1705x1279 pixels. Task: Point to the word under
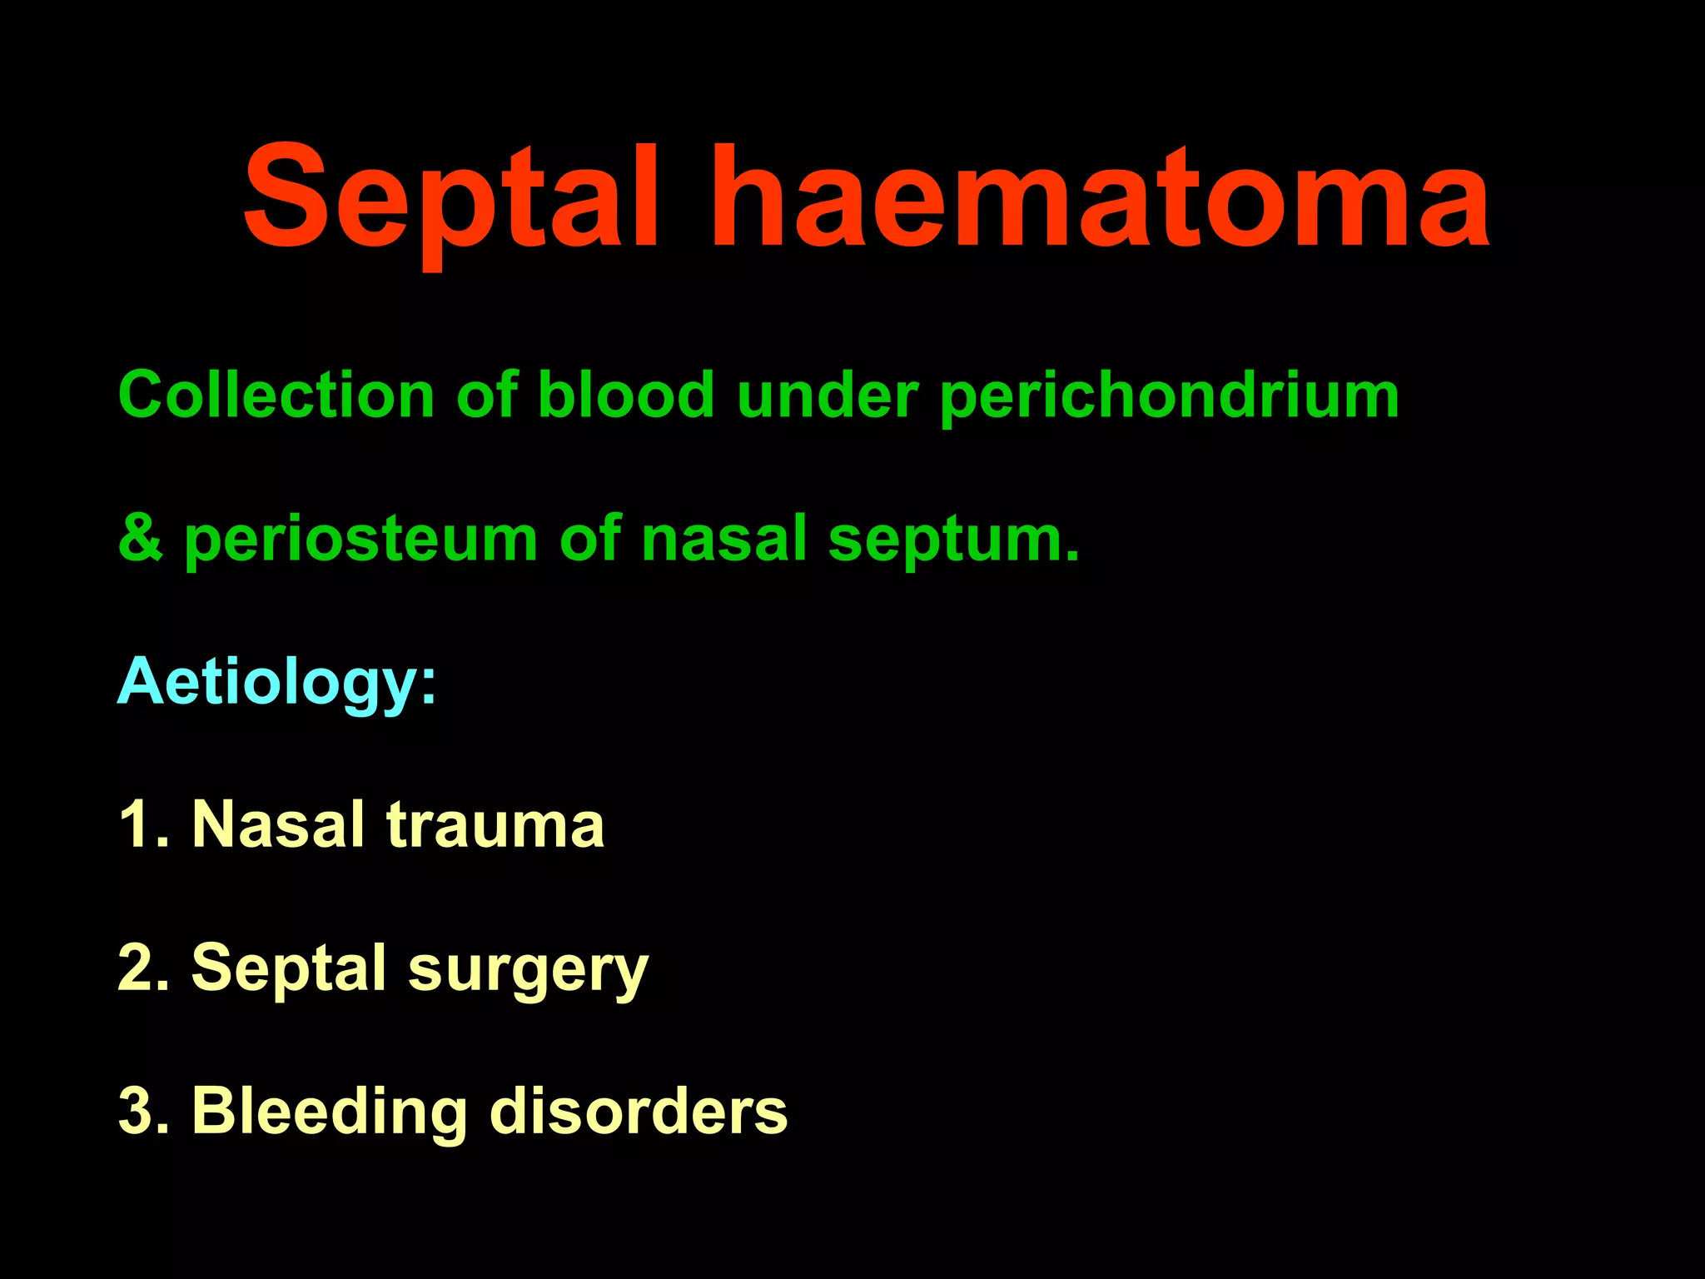click(828, 395)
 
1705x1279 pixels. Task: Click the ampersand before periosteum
click(140, 539)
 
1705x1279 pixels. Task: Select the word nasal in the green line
click(724, 539)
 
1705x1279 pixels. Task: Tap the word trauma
click(495, 825)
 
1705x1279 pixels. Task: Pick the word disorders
click(639, 1112)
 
